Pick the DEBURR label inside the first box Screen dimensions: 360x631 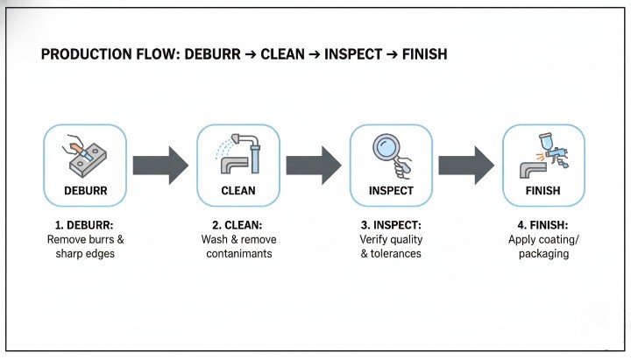click(85, 191)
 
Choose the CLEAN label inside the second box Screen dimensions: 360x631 click(238, 191)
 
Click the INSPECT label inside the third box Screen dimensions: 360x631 click(391, 191)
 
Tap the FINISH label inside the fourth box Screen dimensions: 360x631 click(543, 191)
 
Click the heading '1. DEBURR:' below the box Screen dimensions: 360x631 click(85, 225)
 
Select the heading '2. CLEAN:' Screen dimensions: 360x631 click(238, 225)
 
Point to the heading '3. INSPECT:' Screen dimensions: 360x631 click(391, 225)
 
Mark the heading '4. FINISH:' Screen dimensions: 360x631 click(543, 225)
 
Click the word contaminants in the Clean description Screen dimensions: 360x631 click(238, 254)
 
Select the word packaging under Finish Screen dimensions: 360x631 click(543, 254)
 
